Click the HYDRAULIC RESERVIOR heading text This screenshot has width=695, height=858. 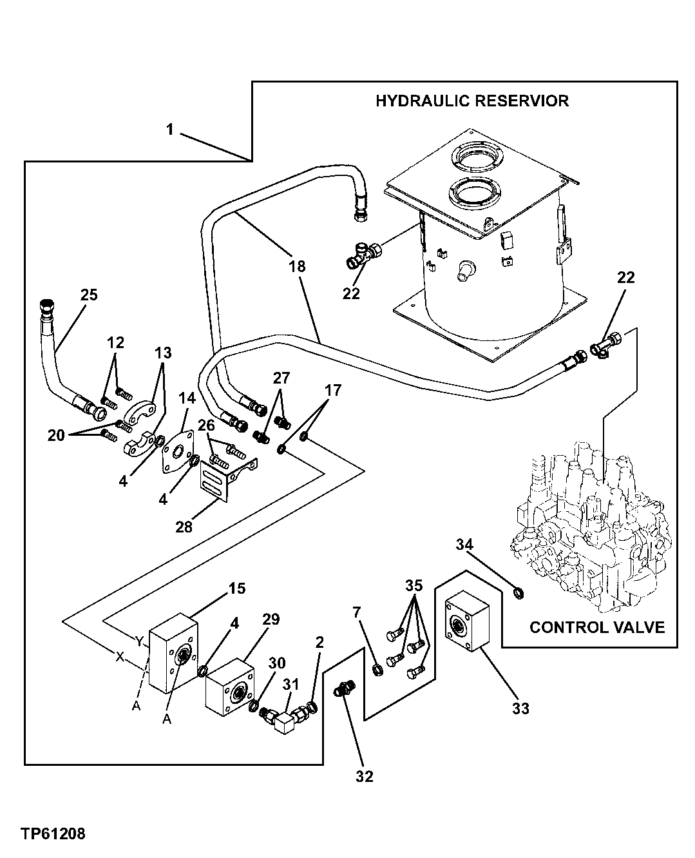click(x=472, y=101)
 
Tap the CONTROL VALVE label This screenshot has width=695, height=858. click(x=596, y=627)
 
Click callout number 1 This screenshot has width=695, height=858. click(x=169, y=130)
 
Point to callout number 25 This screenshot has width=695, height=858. click(x=89, y=295)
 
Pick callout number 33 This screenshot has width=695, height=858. click(x=520, y=708)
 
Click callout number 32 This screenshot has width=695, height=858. click(x=364, y=776)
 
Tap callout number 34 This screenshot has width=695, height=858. click(x=465, y=545)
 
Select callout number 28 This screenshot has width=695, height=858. click(x=184, y=527)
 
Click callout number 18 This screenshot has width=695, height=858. click(x=297, y=266)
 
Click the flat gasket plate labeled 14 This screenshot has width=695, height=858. click(x=175, y=451)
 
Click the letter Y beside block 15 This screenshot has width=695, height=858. click(x=138, y=641)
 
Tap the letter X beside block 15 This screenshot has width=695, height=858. click(x=119, y=657)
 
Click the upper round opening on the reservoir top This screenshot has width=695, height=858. click(x=477, y=156)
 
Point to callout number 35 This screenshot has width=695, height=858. click(x=414, y=586)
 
